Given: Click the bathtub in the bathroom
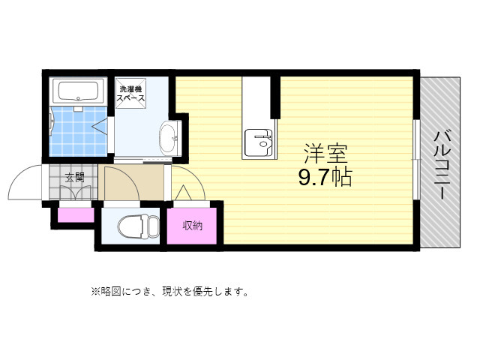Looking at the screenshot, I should [x=79, y=92].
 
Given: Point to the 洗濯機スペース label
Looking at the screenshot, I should [x=130, y=94].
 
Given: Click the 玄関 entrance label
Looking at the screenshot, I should [x=73, y=178].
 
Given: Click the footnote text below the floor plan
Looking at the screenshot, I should [x=169, y=291].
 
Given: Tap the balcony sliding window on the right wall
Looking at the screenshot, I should [x=416, y=139].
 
